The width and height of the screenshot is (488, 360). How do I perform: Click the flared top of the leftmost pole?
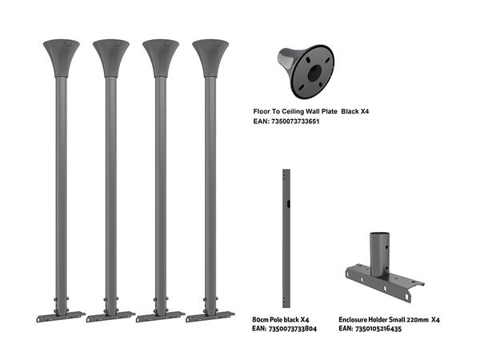point(62,57)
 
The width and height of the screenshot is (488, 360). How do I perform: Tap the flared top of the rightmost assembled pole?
point(210,57)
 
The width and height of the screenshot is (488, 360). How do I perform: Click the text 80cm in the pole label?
point(262,318)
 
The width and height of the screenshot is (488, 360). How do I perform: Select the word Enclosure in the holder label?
point(356,318)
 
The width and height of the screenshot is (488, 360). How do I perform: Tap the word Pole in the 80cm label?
point(281,318)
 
